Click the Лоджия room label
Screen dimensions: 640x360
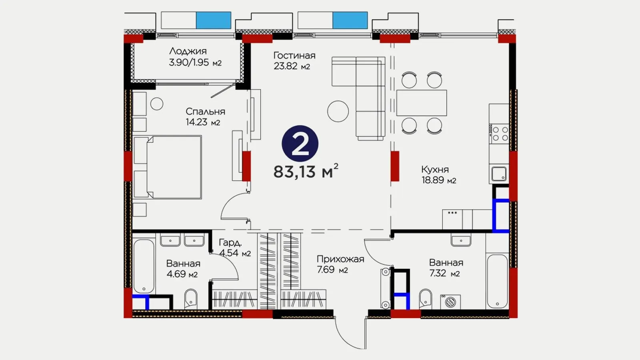click(188, 51)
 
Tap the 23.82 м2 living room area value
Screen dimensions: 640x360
click(292, 66)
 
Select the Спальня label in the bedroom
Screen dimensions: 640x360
click(205, 112)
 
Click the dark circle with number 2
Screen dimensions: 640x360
click(300, 144)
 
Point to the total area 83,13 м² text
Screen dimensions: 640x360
click(306, 171)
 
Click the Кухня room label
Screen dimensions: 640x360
click(435, 170)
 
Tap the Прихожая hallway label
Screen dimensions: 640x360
click(340, 259)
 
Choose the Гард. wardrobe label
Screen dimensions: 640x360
click(230, 243)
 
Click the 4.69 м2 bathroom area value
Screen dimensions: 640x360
click(182, 274)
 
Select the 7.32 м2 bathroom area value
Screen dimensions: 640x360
click(444, 274)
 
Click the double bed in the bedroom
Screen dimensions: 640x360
click(168, 167)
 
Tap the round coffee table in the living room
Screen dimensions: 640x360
click(338, 112)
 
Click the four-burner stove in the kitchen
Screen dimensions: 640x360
click(498, 134)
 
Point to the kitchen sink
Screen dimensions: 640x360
click(499, 174)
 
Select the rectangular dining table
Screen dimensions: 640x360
click(422, 103)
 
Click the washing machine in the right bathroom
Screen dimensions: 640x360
click(450, 302)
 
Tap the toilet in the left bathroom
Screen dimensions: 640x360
click(190, 299)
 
